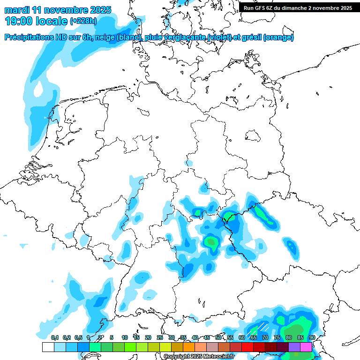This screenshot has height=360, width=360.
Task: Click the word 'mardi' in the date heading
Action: pyautogui.click(x=18, y=10)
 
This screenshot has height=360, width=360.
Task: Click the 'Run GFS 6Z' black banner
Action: pyautogui.click(x=298, y=7)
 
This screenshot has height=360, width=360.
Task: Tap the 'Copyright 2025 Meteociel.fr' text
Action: pyautogui.click(x=199, y=357)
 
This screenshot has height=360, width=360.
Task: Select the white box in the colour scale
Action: pyautogui.click(x=48, y=347)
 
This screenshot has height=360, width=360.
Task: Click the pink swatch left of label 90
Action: pyautogui.click(x=306, y=347)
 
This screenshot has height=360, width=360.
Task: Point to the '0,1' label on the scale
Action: pyautogui.click(x=55, y=337)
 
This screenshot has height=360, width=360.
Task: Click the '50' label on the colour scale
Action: pyautogui.click(x=218, y=337)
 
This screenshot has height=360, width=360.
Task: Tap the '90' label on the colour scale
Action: pyautogui.click(x=312, y=337)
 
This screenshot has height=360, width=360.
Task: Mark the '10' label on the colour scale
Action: pyautogui.click(x=125, y=337)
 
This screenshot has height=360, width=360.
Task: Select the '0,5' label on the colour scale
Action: pyautogui.click(x=78, y=337)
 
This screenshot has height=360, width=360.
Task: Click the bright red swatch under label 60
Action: pyautogui.click(x=247, y=347)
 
